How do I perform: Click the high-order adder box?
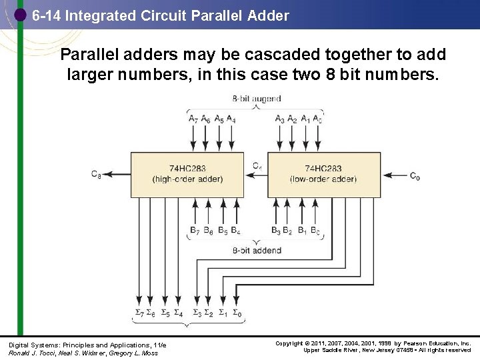[187, 174]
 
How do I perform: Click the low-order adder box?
[323, 174]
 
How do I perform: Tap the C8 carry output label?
[96, 175]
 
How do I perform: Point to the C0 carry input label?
[415, 176]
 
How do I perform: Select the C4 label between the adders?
[257, 165]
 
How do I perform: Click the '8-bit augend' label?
[257, 99]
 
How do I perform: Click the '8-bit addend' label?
[257, 251]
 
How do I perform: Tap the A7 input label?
[193, 119]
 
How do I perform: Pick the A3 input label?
[280, 119]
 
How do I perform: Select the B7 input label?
[194, 231]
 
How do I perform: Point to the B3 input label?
[276, 231]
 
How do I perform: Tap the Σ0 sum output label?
[237, 313]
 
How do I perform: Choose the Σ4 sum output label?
[178, 313]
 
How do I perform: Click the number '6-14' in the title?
[47, 15]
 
